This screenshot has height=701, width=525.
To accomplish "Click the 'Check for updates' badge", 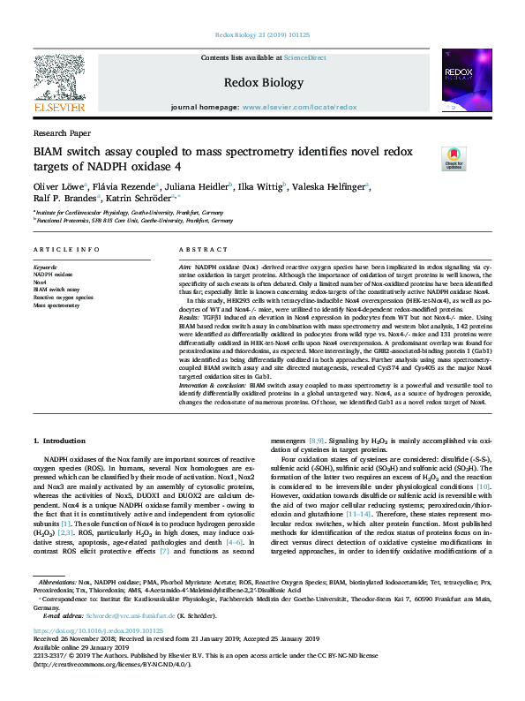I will click(453, 158).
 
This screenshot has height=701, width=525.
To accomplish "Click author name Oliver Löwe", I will click(57, 186).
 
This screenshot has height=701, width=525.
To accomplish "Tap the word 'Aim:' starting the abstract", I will click(186, 266).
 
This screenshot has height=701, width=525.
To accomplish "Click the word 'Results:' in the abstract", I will click(191, 315).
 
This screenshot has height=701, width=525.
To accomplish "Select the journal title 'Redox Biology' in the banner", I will click(262, 81).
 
